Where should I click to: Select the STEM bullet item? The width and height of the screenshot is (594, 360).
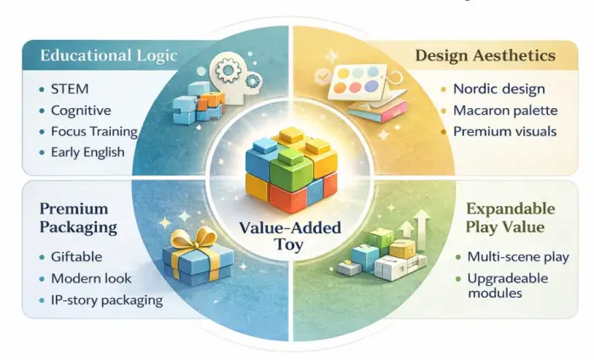69,89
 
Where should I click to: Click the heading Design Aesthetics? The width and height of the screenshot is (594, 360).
485,56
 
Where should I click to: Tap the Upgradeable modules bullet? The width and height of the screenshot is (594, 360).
509,285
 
